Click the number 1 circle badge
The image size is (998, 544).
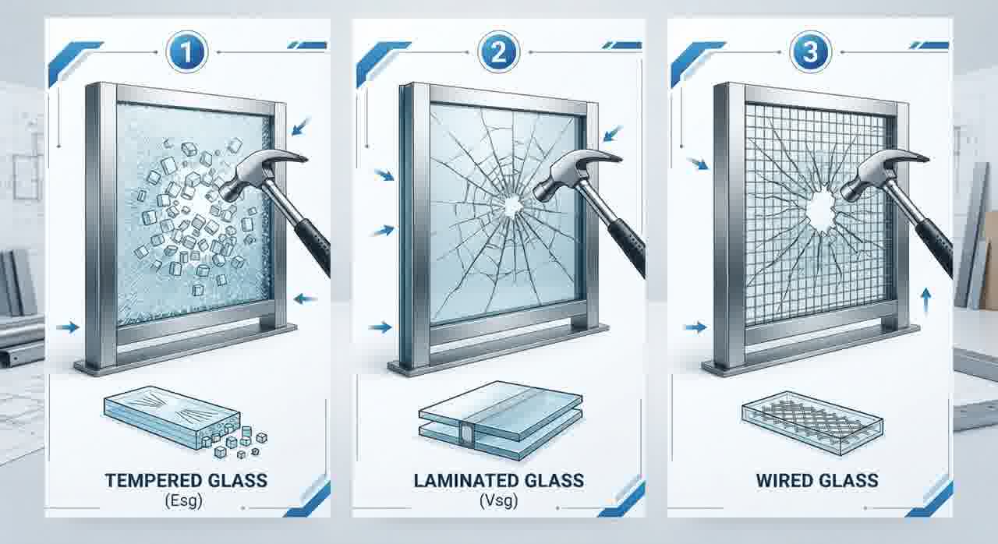pyautogui.click(x=186, y=51)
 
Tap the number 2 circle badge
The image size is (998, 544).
pyautogui.click(x=498, y=51)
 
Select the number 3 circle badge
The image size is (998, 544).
pyautogui.click(x=810, y=51)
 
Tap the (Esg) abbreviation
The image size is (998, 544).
pyautogui.click(x=183, y=501)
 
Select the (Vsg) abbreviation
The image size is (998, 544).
pyautogui.click(x=498, y=501)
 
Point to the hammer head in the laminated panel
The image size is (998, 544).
pyautogui.click(x=575, y=172)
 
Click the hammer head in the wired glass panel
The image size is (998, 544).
pyautogui.click(x=882, y=172)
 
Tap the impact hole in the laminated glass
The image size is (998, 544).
pyautogui.click(x=513, y=206)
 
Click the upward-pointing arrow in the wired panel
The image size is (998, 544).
pyautogui.click(x=925, y=301)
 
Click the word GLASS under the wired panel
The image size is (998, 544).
pyautogui.click(x=849, y=481)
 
